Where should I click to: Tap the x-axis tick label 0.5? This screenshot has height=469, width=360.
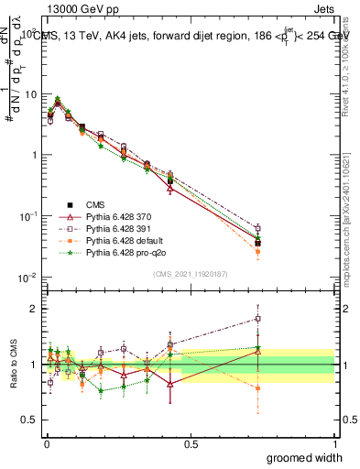191,442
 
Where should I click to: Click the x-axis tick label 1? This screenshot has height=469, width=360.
335,442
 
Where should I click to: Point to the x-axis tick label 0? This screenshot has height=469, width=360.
46,442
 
